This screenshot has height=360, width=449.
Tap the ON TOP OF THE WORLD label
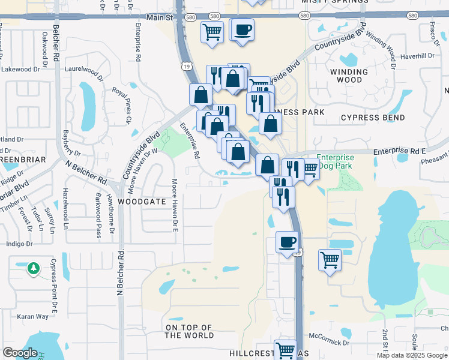coord(190,331)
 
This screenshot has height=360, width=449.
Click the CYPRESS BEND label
coord(373,118)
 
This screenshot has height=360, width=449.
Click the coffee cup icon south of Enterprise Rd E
coord(287,242)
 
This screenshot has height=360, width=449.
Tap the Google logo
coord(20,353)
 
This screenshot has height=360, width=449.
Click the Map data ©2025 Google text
coord(412,355)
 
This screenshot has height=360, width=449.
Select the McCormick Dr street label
coord(328,343)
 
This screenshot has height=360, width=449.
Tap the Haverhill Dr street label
coord(417,56)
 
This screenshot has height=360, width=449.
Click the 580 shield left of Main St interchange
coord(190,18)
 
